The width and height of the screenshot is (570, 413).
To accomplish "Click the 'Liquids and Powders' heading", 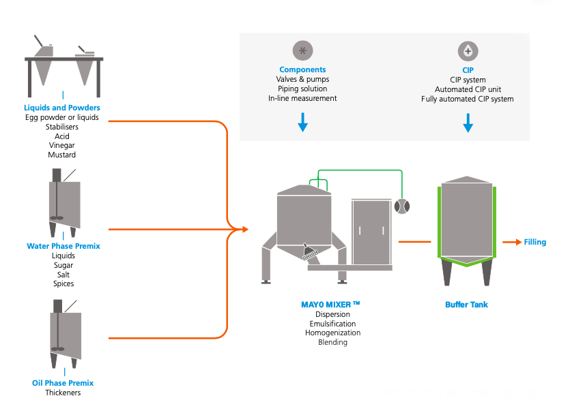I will coord(62,108).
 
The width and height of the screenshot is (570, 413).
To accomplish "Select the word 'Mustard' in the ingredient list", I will coord(62,155).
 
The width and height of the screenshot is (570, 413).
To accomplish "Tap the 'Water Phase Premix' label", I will coord(63,246).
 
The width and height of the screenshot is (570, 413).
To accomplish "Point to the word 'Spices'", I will coord(63,284).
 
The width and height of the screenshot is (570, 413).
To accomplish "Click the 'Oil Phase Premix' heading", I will coord(63,383).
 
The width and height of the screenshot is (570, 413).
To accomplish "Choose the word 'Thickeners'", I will coord(63,393).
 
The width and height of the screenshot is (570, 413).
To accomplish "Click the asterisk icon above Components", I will coord(302,50).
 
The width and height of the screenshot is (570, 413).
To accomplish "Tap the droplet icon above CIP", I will coord(468,51).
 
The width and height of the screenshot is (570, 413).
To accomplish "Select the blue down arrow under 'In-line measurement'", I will coord(302,122).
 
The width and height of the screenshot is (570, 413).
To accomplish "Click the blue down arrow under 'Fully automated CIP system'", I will coord(468,123).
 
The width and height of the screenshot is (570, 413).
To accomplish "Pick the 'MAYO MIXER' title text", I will coord(330,305).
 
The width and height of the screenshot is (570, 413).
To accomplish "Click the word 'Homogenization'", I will coord(332,333).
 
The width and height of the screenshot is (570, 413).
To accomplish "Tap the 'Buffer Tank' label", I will coord(467,305).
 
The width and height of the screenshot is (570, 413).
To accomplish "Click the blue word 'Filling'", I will coord(535,242).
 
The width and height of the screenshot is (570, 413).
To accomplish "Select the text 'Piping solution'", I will coord(302,89).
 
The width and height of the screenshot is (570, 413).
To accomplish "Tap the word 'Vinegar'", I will coord(62,145).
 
